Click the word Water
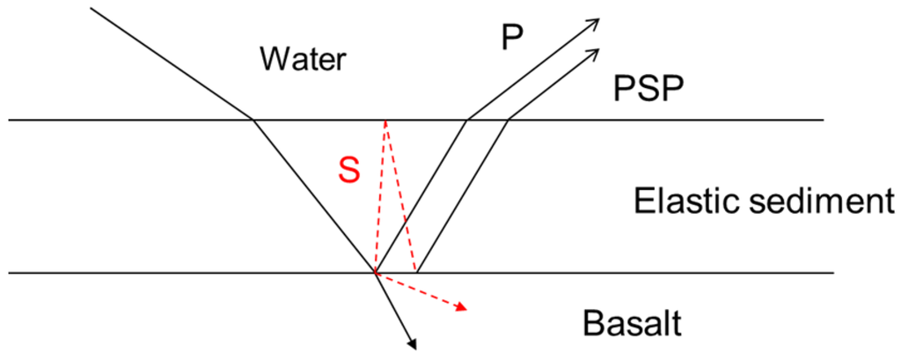click(x=304, y=60)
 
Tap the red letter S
click(x=349, y=171)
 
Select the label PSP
click(x=648, y=89)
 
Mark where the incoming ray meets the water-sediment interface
click(x=253, y=120)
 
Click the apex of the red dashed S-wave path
click(x=385, y=121)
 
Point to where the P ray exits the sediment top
click(x=466, y=120)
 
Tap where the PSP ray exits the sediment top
click(x=508, y=120)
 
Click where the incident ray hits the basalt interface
click(x=376, y=273)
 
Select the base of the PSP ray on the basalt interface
click(x=417, y=273)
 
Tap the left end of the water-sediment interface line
click(x=9, y=120)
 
